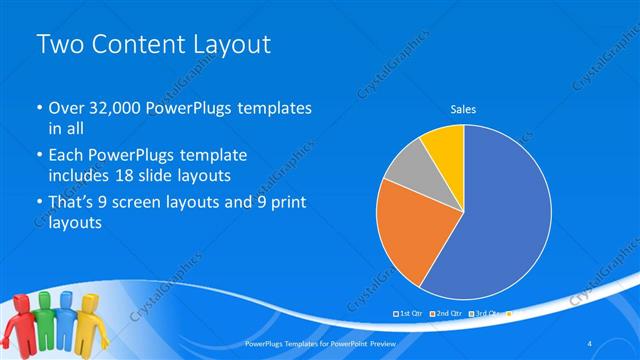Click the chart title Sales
click(463, 108)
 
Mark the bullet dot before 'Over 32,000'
click(38, 108)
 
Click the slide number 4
click(589, 343)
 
